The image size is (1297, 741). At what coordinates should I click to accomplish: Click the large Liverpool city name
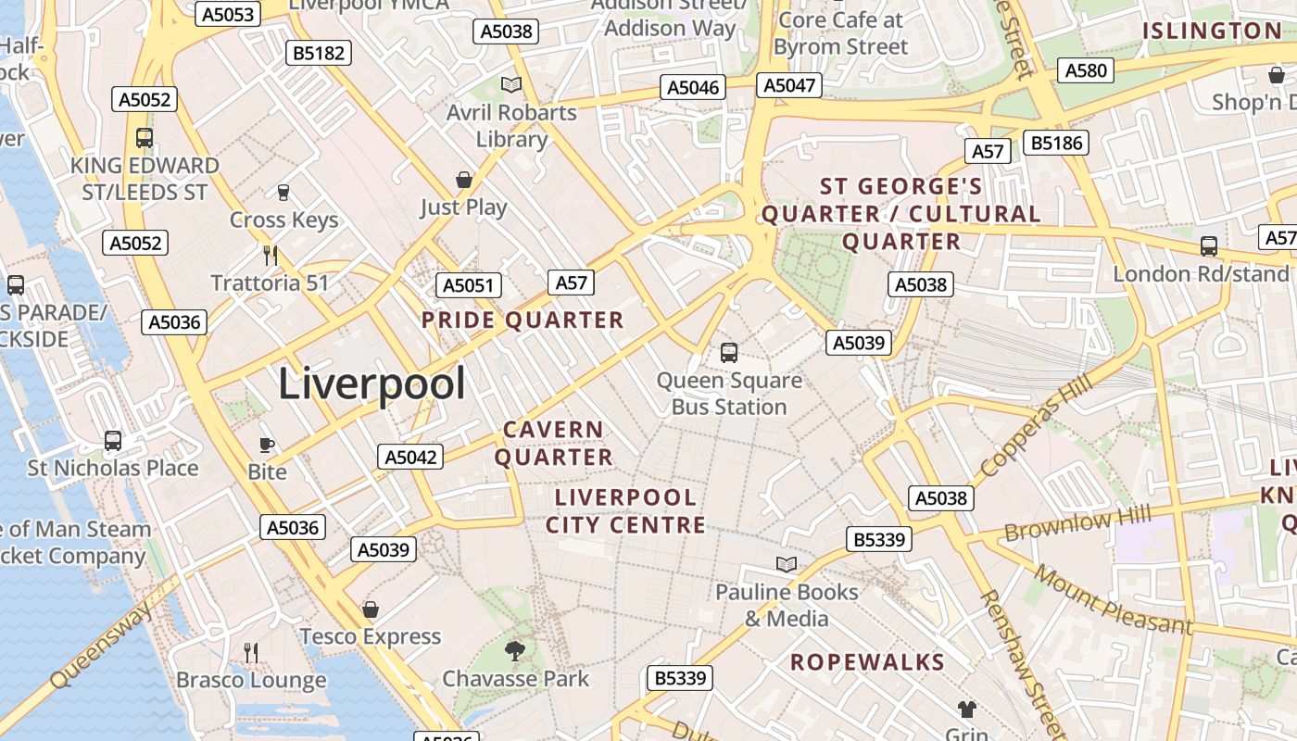(371, 383)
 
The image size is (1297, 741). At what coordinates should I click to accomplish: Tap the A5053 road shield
(228, 14)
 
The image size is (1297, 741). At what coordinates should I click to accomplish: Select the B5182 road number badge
(319, 53)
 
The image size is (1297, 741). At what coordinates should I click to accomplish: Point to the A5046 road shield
(693, 87)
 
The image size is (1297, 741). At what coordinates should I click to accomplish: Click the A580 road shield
(1086, 70)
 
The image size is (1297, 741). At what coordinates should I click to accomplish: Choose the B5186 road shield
(1056, 143)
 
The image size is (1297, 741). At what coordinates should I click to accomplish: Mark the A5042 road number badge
(410, 457)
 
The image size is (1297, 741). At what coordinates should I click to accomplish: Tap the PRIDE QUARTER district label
(523, 320)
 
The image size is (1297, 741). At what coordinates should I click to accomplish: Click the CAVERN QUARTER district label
(553, 444)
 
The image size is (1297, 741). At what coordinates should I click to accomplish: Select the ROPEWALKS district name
(867, 662)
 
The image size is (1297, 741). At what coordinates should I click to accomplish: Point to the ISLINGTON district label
(1212, 31)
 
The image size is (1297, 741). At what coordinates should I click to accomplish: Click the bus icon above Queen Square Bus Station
(729, 352)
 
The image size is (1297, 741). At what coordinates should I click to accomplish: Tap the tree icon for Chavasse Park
(515, 651)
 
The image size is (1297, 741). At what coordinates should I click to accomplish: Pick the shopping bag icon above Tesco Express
(371, 609)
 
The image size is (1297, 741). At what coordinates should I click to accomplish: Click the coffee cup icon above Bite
(267, 445)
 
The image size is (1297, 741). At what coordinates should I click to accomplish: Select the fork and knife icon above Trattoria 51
(271, 255)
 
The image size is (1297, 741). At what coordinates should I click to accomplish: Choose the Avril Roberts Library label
(511, 126)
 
